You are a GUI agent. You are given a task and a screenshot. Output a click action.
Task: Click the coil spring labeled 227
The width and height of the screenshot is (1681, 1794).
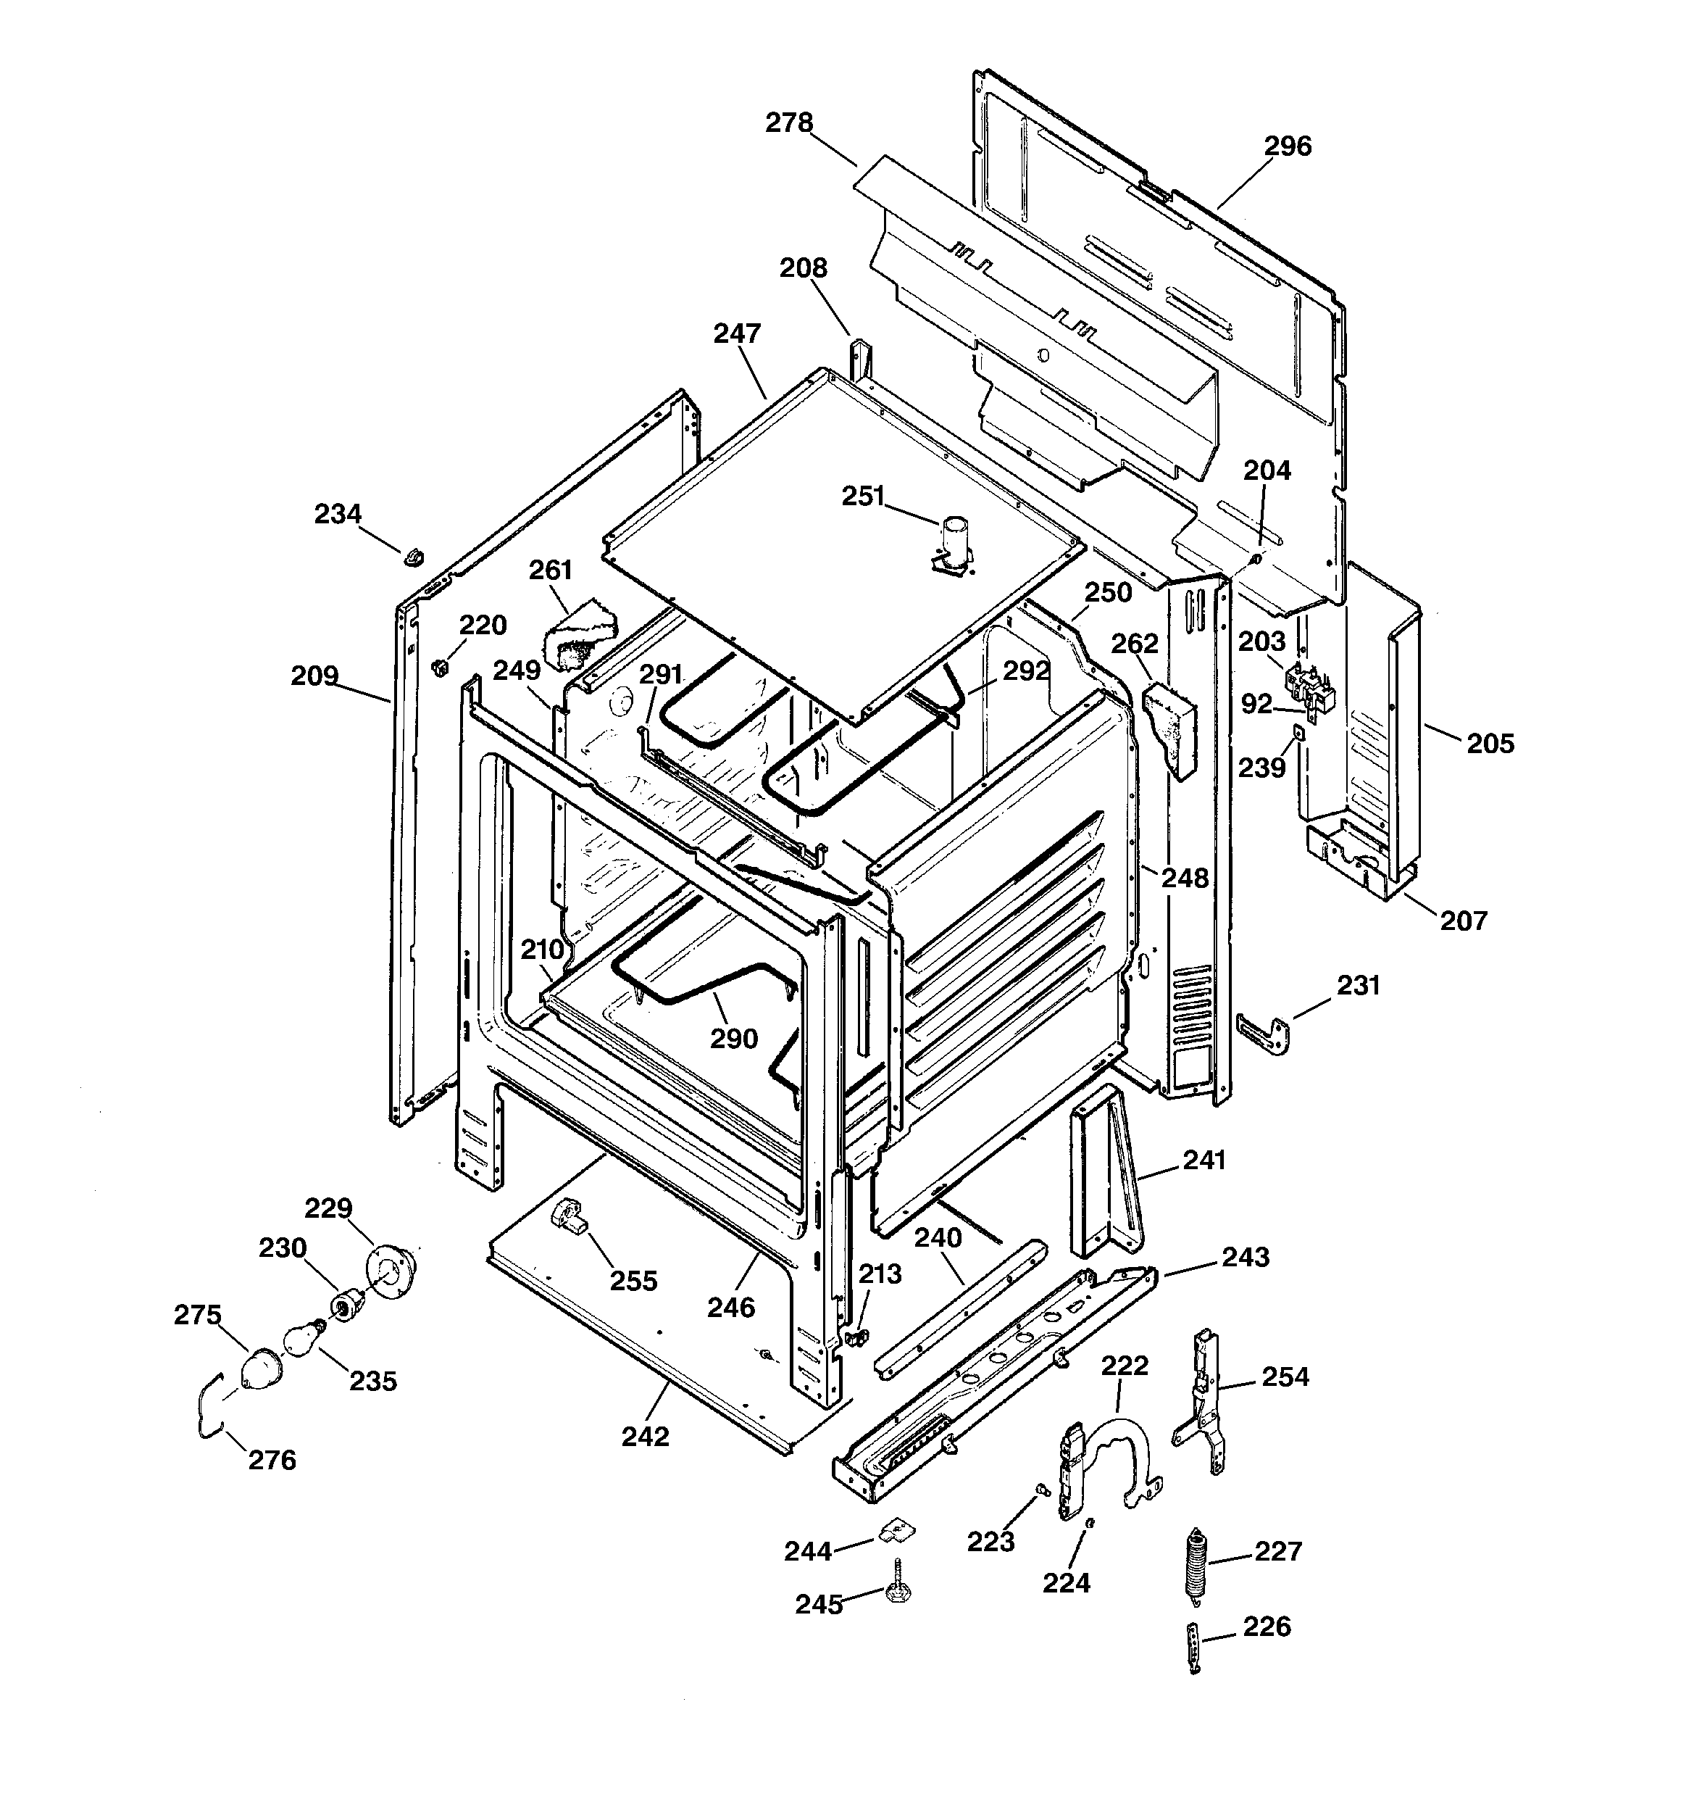point(1196,1566)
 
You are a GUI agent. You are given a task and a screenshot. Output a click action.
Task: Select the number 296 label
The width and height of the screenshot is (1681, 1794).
point(1287,146)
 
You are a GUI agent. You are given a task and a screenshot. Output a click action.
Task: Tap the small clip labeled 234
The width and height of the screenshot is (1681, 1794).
point(413,557)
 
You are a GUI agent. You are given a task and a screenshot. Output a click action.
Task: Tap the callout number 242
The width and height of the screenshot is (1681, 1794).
point(645,1437)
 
